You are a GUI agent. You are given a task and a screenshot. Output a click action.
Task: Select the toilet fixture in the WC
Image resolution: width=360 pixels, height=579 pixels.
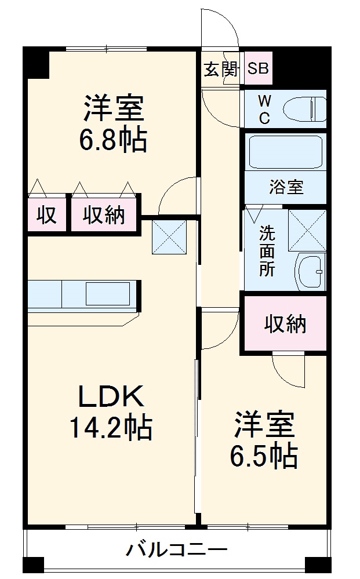tap(305, 108)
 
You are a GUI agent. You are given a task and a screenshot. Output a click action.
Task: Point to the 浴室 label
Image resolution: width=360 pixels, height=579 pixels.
tap(285, 188)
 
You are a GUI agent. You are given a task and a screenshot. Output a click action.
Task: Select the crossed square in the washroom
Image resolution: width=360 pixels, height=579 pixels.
tap(307, 230)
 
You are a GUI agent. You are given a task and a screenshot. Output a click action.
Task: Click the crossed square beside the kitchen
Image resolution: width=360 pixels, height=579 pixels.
tap(170, 236)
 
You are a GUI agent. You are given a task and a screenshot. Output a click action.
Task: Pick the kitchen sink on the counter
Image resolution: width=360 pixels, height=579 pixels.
tap(108, 293)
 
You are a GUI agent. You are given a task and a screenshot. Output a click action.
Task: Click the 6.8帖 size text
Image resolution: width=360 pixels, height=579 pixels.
tap(114, 140)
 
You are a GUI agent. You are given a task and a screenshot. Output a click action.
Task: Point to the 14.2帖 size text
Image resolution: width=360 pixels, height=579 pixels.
tap(111, 428)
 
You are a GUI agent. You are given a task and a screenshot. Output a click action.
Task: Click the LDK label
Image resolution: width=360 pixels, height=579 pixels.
tap(111, 397)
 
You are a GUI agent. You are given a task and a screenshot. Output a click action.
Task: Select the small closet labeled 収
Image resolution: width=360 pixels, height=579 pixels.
tap(47, 214)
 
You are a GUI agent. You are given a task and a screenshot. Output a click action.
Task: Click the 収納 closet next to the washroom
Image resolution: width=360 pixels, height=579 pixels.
tap(285, 325)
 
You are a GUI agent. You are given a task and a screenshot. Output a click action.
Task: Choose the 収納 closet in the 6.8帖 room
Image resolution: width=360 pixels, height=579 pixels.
tap(104, 214)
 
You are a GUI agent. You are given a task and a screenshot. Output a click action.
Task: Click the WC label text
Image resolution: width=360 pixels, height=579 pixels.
tap(264, 108)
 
